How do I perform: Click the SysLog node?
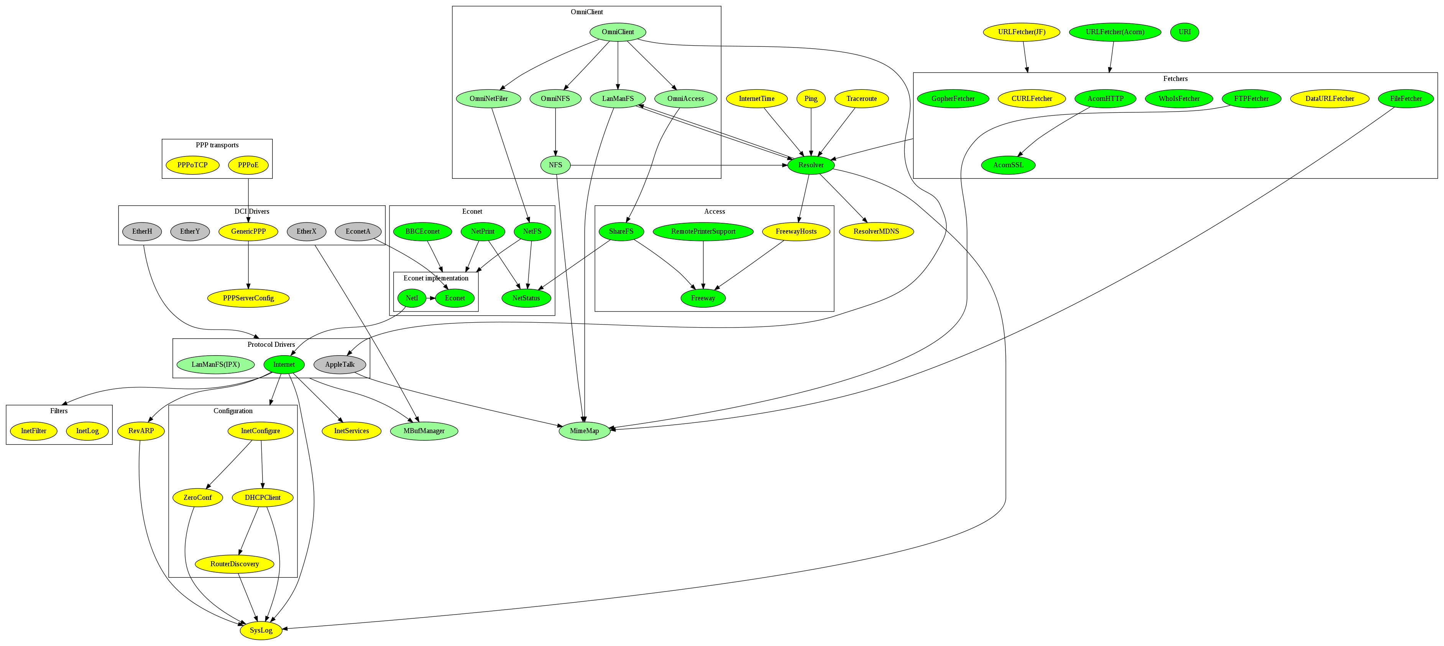click(261, 630)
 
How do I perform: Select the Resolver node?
click(811, 165)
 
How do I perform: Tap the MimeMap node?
click(584, 431)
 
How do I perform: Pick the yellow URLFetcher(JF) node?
click(1021, 32)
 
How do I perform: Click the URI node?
click(1184, 32)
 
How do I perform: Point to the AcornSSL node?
click(1008, 165)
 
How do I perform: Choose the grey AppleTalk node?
click(340, 364)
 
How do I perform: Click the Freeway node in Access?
click(703, 298)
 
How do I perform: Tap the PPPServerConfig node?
click(248, 298)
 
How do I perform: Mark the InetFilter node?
click(34, 431)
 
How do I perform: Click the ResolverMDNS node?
click(876, 231)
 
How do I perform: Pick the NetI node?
click(411, 298)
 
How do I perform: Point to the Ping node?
click(811, 99)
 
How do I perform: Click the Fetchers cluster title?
click(1175, 79)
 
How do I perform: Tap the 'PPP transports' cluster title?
click(217, 145)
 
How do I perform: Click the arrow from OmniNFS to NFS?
click(555, 132)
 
